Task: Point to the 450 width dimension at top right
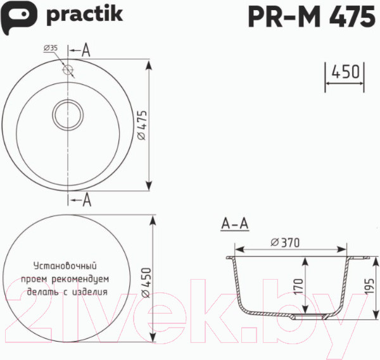click(x=346, y=71)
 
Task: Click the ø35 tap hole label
click(x=50, y=49)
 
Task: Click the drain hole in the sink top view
click(x=67, y=115)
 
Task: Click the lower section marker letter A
click(x=87, y=201)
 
